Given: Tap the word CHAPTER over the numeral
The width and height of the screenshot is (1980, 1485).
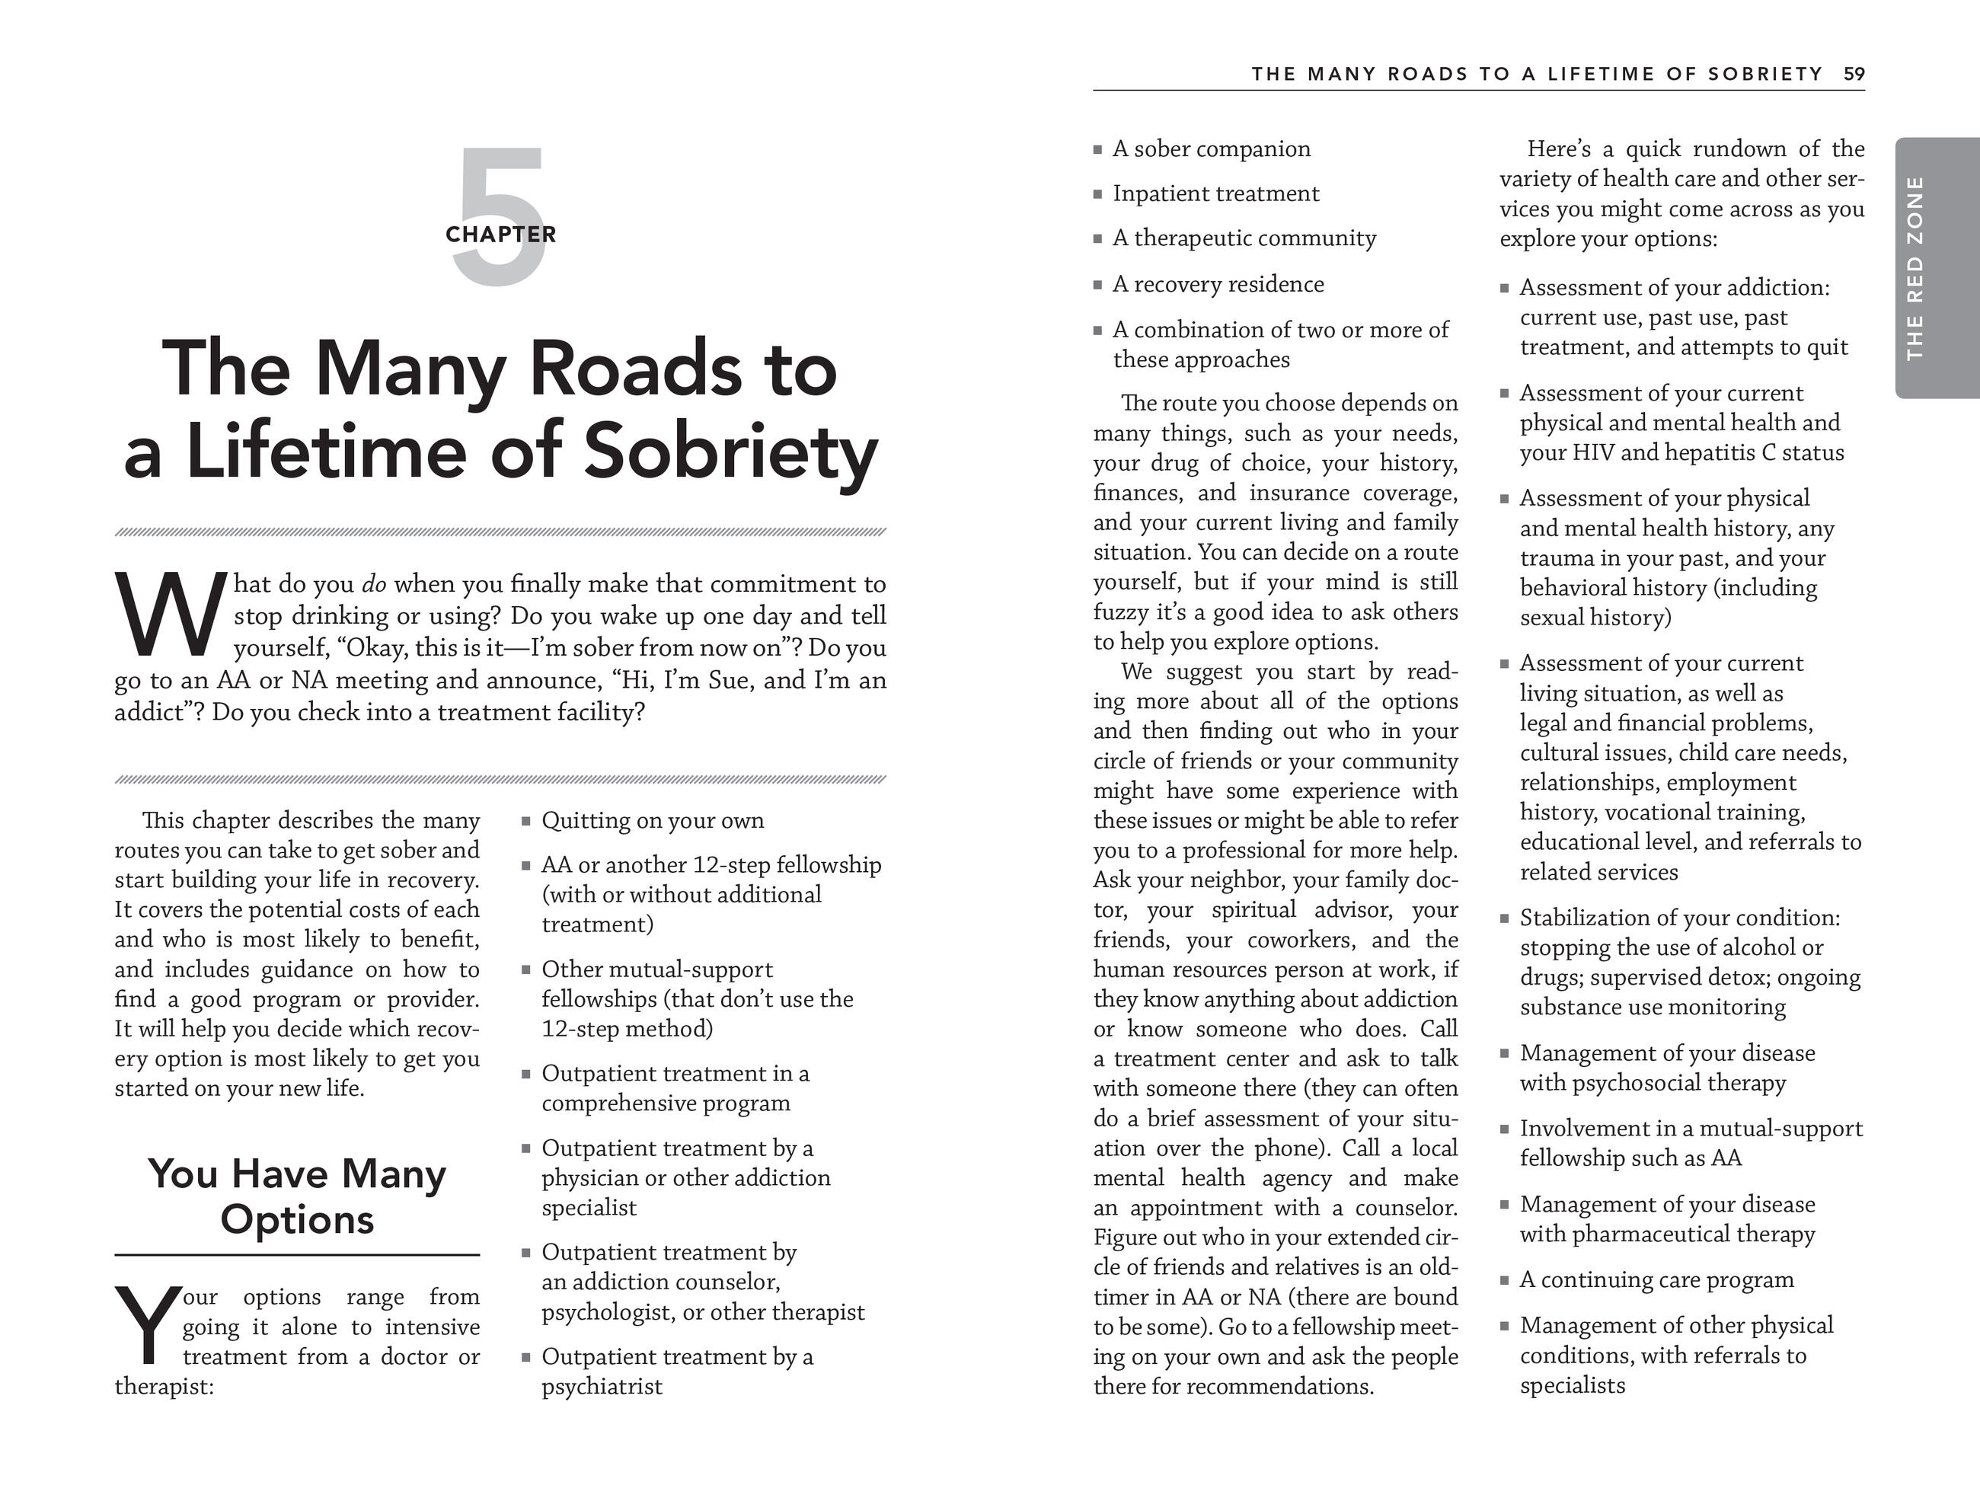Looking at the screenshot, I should (500, 235).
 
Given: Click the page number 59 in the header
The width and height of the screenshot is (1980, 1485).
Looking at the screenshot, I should (1854, 75).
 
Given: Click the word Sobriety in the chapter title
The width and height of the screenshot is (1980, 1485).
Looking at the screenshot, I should (730, 450).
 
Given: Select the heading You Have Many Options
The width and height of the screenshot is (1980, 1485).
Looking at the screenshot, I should (297, 1196).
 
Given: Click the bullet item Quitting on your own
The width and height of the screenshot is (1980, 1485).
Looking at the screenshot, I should (653, 821).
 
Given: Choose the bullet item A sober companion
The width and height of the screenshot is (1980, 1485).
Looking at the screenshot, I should (1211, 149).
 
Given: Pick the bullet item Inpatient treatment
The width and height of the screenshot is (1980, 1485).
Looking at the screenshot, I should (1215, 194).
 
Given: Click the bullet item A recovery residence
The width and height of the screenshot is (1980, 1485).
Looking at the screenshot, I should (1218, 285).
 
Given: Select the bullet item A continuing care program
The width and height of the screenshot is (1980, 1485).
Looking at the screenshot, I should (1656, 1280).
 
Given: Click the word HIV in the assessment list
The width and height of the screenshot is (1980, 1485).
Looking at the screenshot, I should (1592, 453).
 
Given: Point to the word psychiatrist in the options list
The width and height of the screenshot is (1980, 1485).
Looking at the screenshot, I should (602, 1387).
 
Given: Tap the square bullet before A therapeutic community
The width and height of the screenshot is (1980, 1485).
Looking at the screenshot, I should (1097, 239).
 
